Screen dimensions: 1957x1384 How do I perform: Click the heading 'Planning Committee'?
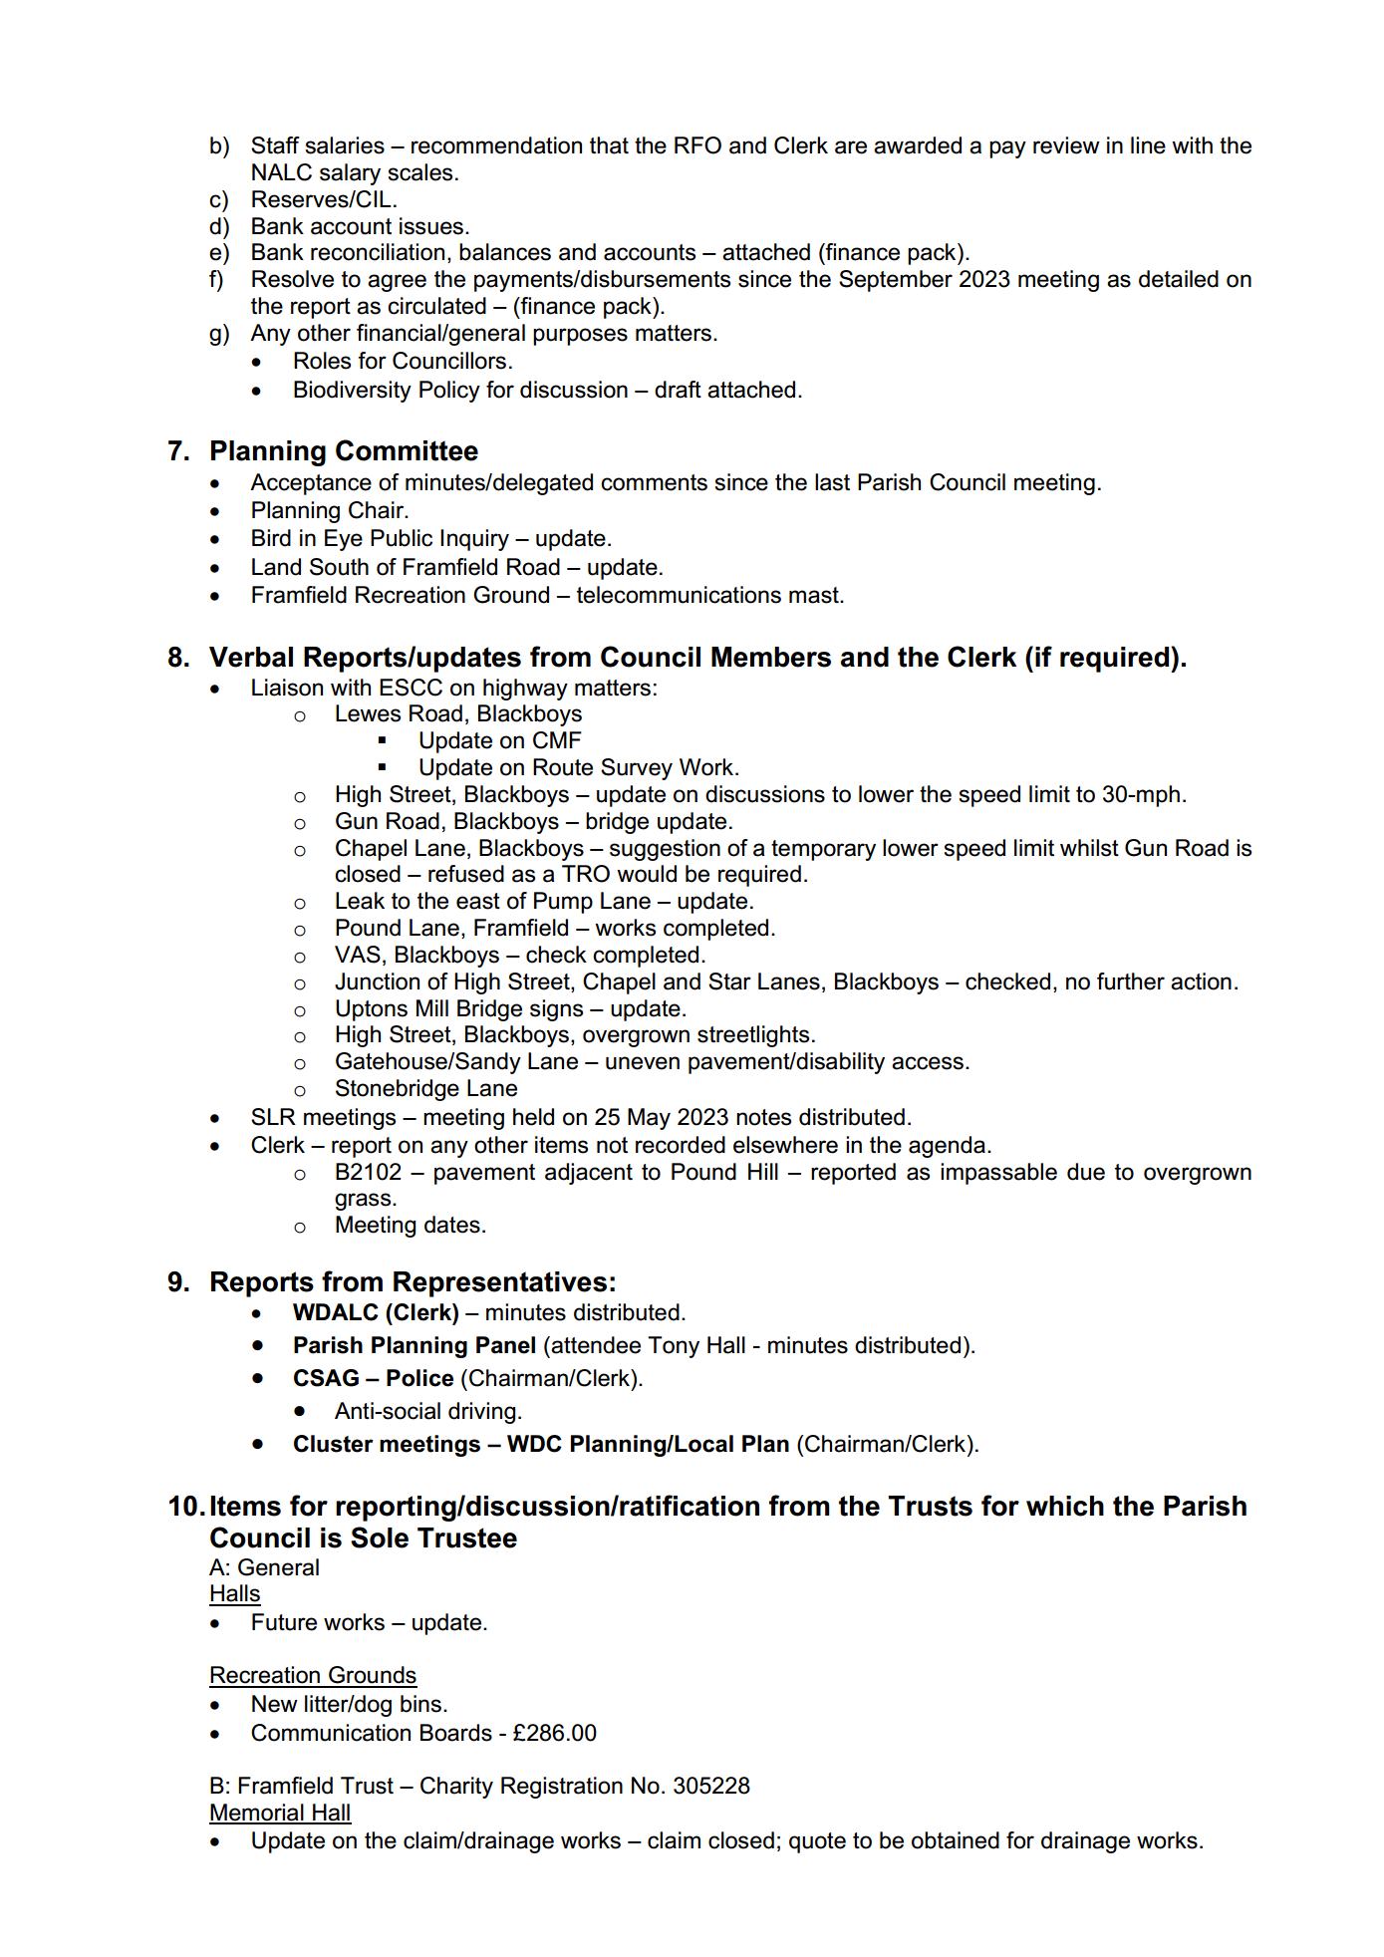pyautogui.click(x=343, y=451)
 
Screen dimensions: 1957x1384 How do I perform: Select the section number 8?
pyautogui.click(x=178, y=658)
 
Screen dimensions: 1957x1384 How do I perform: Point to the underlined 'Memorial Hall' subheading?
pyautogui.click(x=280, y=1813)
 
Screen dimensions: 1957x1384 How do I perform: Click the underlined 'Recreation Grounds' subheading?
pyautogui.click(x=313, y=1675)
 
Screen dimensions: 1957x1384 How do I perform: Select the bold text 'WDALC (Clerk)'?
pyautogui.click(x=376, y=1312)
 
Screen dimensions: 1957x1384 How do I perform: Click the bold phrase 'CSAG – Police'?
pyautogui.click(x=373, y=1378)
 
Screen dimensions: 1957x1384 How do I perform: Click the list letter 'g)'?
pyautogui.click(x=219, y=333)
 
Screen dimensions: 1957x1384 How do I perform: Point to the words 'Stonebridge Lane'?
pyautogui.click(x=425, y=1088)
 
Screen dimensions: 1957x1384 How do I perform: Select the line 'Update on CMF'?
pyautogui.click(x=499, y=740)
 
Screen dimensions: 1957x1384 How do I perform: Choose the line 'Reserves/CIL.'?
pyautogui.click(x=324, y=199)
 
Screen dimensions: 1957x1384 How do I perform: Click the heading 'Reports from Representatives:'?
pyautogui.click(x=413, y=1282)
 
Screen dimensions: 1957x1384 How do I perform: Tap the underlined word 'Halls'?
pyautogui.click(x=234, y=1593)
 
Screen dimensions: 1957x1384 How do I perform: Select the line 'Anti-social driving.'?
pyautogui.click(x=428, y=1411)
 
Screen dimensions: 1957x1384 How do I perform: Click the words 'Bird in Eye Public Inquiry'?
pyautogui.click(x=380, y=538)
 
